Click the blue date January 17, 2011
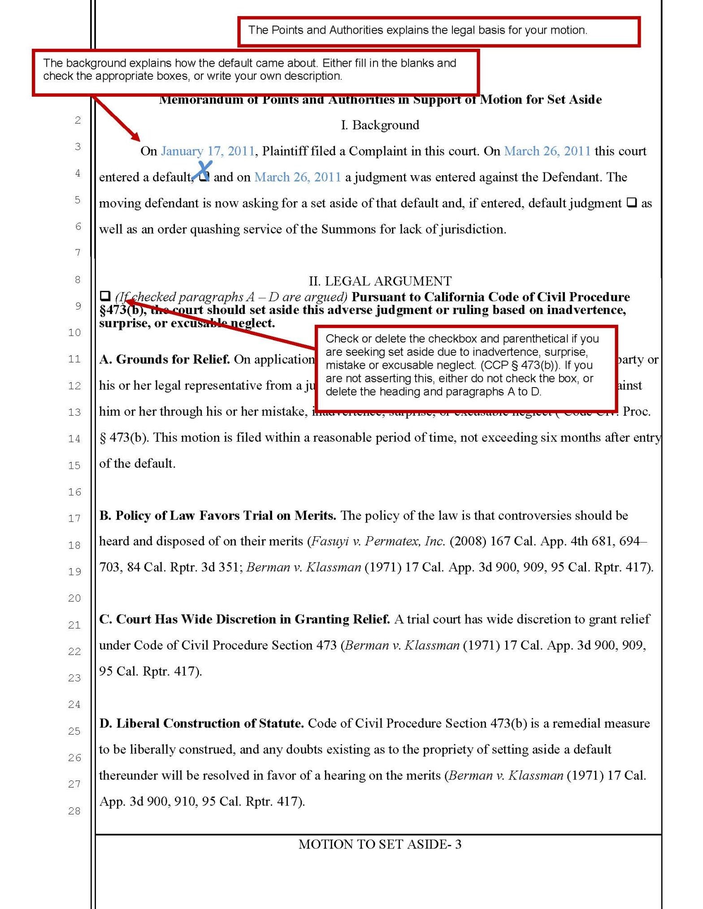208,151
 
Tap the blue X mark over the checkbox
203,170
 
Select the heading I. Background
380,125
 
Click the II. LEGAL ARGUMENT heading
380,281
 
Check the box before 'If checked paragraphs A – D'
105,296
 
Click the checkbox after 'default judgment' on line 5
631,202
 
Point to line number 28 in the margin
74,811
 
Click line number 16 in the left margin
74,492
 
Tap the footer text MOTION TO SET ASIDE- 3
380,844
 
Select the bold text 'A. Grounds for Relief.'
165,359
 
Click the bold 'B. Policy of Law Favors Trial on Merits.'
218,516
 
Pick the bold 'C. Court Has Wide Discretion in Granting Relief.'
244,619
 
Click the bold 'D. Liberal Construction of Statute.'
202,724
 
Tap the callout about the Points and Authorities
438,31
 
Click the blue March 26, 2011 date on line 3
547,151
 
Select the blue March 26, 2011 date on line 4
298,177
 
